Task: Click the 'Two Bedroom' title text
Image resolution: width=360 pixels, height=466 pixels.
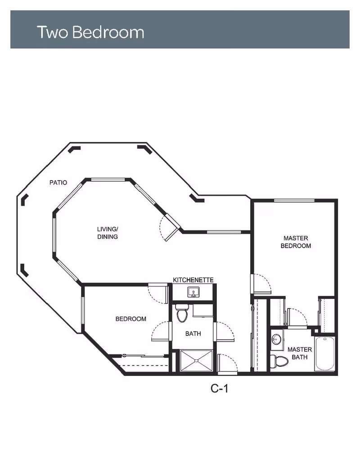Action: pos(90,32)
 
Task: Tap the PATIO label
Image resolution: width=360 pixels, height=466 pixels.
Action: pos(58,183)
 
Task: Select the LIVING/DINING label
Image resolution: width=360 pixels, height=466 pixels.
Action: pos(108,233)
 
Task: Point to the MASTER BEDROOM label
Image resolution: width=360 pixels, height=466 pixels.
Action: pos(296,242)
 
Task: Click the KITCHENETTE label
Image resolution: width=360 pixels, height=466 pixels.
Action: pos(193,280)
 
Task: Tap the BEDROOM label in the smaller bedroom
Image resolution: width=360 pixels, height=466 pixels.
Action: pos(131,319)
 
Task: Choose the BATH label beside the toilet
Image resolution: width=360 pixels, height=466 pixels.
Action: pos(193,334)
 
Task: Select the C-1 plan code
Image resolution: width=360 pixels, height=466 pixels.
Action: pos(220,388)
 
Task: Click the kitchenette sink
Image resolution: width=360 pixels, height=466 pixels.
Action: pos(194,292)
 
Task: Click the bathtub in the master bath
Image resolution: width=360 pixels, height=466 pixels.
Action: pos(324,353)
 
